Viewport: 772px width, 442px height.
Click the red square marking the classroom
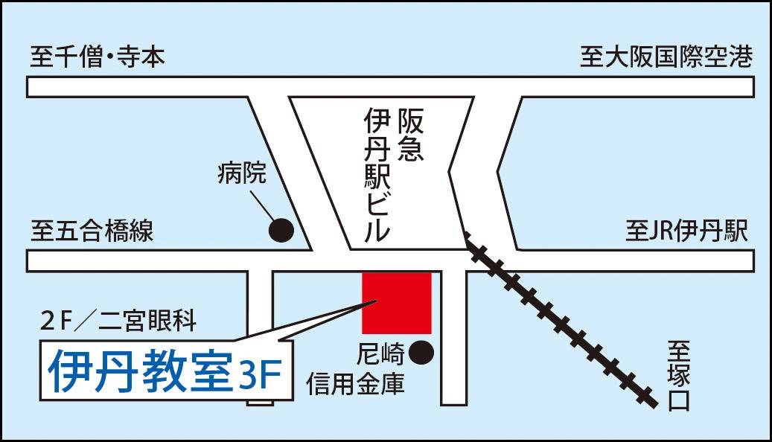(397, 303)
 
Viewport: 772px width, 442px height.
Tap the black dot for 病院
(281, 230)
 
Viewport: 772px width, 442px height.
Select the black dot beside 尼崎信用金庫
(421, 353)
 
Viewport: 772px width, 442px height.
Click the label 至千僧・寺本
(98, 57)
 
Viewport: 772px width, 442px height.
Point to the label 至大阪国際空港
(666, 57)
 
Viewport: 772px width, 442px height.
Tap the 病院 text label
(242, 173)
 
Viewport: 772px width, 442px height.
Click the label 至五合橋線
(92, 231)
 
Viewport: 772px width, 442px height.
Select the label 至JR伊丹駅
(687, 231)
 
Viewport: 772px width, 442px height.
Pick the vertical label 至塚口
(680, 376)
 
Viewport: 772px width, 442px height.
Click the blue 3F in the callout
(260, 376)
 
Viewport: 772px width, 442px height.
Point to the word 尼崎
(380, 353)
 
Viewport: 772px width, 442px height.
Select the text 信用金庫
(355, 384)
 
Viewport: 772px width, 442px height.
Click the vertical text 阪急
(411, 135)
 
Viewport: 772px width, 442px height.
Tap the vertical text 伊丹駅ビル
(377, 176)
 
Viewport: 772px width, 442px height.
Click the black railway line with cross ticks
(561, 320)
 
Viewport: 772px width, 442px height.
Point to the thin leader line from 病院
(263, 206)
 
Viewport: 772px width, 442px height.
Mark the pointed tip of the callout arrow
(377, 300)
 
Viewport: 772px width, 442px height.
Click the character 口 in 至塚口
(680, 400)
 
